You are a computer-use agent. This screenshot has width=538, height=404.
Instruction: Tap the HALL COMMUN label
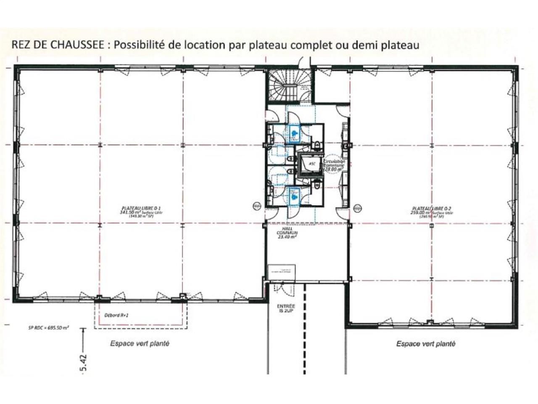point(287,232)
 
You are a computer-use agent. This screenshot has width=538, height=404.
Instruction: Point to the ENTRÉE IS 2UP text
point(286,309)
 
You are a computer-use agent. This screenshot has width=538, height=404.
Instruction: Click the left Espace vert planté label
point(140,343)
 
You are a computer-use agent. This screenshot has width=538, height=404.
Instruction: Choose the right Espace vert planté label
point(426,344)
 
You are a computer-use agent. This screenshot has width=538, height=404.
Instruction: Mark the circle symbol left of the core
point(257,206)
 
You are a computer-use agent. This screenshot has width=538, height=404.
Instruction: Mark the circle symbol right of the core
point(357,207)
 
